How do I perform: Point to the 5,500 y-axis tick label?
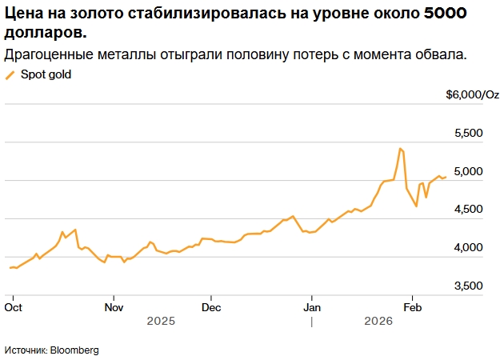pos(468,133)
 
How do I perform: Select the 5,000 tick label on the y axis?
pos(468,171)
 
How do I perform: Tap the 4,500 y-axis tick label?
pos(468,210)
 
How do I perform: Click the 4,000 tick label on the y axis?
pos(468,248)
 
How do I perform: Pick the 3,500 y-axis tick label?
pos(468,286)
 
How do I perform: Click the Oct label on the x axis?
pos(13,306)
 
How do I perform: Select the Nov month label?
pos(114,306)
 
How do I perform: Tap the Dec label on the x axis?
pos(211,306)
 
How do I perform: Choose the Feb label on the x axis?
pos(412,306)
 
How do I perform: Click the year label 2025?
pos(161,321)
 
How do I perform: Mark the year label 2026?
pos(378,321)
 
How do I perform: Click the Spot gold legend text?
pos(46,74)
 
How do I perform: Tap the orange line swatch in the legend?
pos(10,75)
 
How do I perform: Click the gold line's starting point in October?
pos(10,267)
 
